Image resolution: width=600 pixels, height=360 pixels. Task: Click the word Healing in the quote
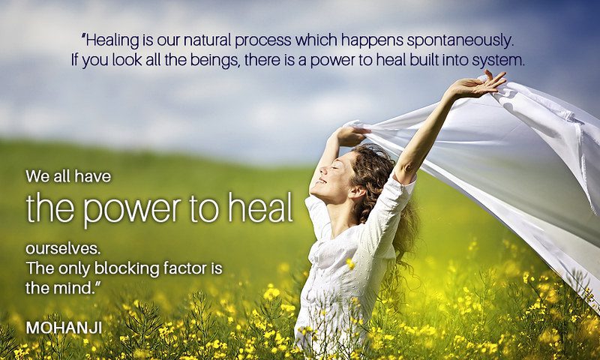[112, 40]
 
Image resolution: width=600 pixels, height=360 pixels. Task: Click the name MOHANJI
[64, 328]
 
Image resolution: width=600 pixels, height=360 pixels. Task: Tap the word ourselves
[63, 249]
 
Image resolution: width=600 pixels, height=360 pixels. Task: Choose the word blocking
[127, 268]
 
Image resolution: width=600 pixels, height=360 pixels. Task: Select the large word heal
[260, 208]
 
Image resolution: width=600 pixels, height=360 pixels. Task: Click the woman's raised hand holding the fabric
[478, 84]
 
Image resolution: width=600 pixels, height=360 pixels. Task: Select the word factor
[184, 268]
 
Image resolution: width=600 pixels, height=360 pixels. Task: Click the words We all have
[68, 176]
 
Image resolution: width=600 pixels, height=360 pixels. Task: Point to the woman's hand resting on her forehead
[350, 136]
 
